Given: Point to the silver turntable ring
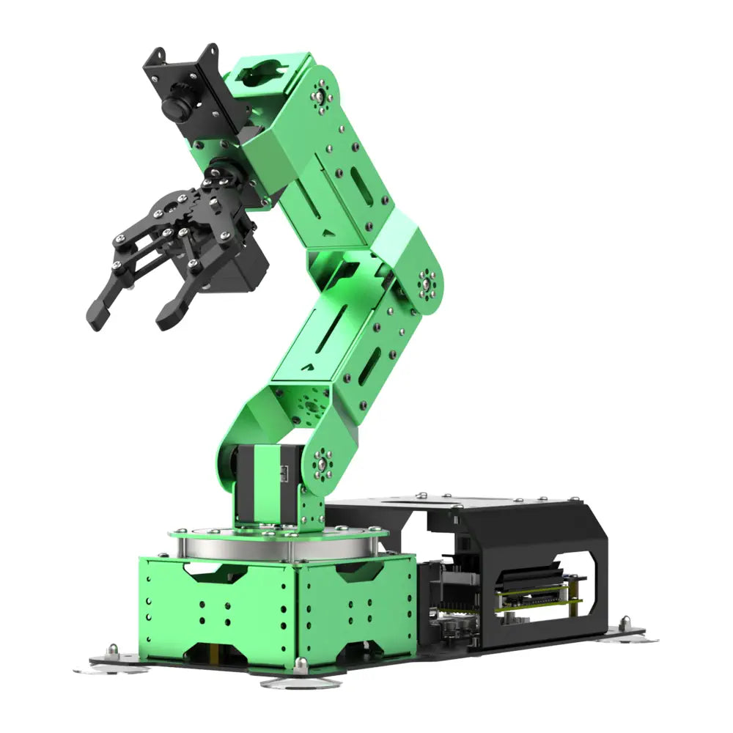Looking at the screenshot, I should point(279,546).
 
